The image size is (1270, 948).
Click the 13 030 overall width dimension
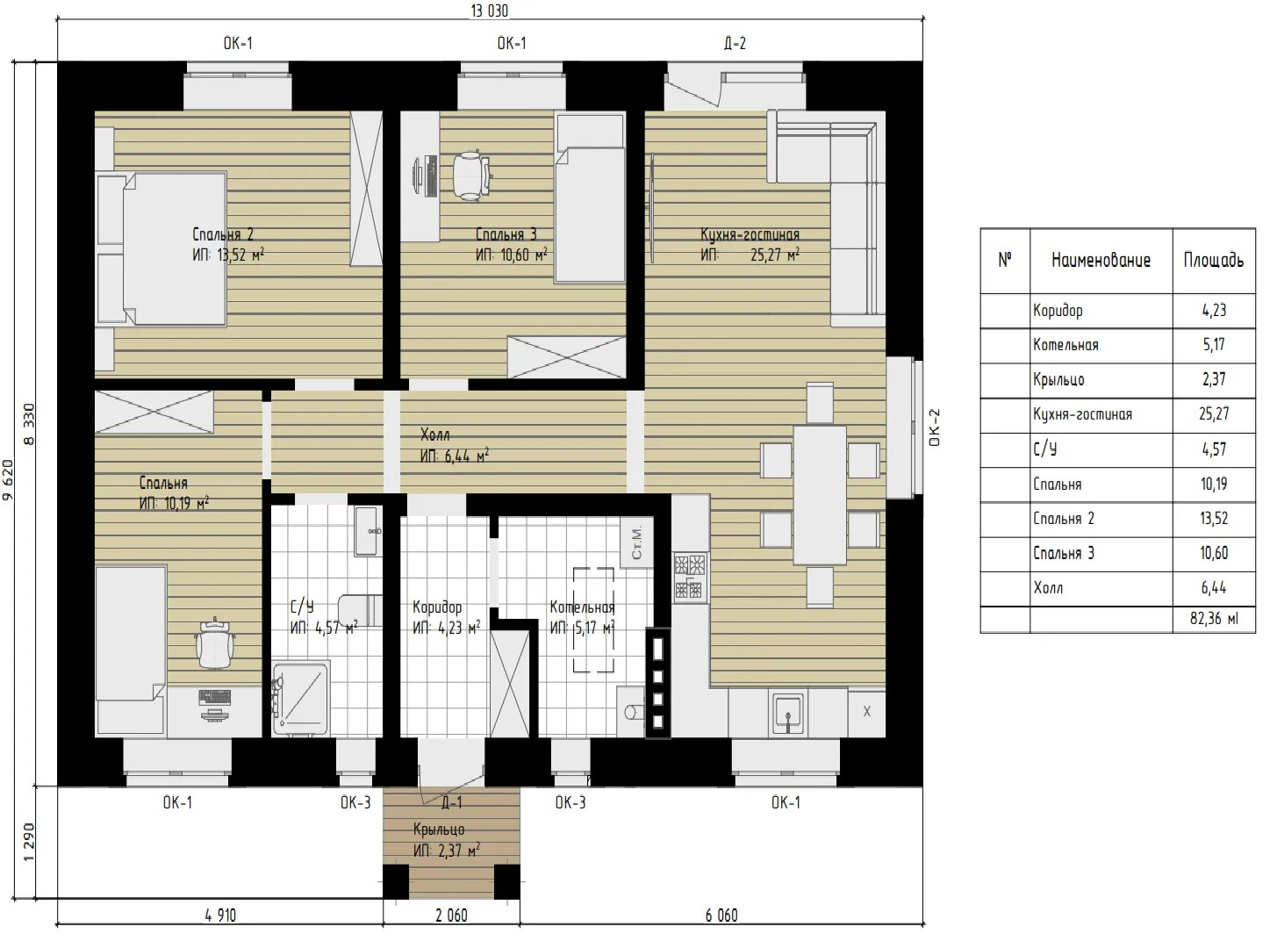click(489, 11)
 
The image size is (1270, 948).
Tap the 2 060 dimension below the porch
click(451, 915)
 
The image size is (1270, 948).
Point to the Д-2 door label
click(735, 43)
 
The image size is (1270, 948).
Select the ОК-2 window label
click(935, 427)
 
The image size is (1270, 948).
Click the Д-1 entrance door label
click(452, 802)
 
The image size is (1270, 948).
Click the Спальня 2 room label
click(223, 234)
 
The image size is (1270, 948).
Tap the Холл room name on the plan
click(434, 434)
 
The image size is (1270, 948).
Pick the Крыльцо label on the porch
click(439, 830)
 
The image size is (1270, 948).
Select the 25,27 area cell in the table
click(1214, 414)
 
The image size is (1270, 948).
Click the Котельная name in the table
click(1066, 345)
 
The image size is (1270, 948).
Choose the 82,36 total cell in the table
click(1214, 618)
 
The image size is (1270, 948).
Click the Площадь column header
click(1213, 261)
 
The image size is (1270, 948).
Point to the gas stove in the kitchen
click(690, 577)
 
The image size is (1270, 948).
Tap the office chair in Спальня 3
click(470, 175)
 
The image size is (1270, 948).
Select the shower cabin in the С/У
click(300, 699)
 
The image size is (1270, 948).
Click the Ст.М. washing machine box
click(636, 542)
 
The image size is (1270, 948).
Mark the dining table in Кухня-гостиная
click(820, 495)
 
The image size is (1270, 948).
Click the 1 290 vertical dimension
click(28, 842)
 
